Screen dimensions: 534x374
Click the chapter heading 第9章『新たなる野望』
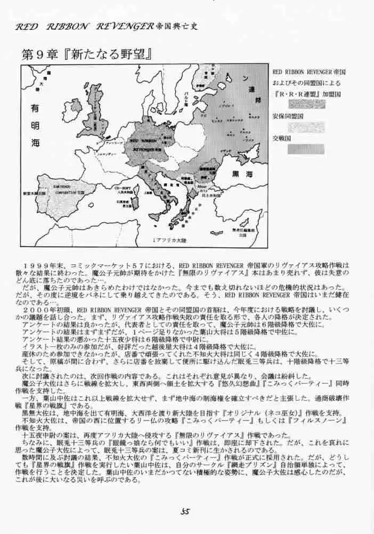coord(88,55)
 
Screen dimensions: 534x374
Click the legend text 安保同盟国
coord(288,115)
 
